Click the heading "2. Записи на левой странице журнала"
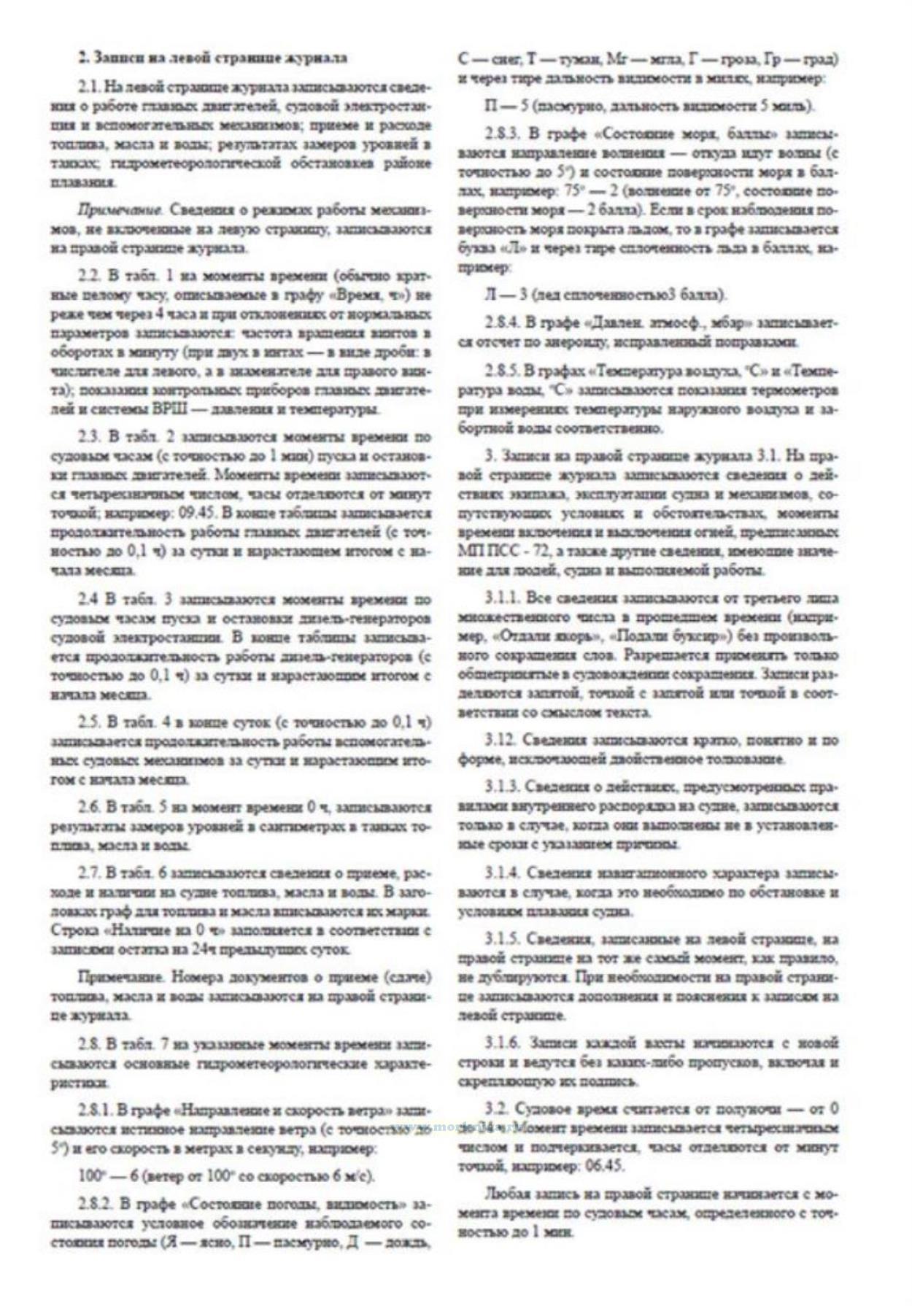click(212, 58)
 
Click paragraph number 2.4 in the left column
click(89, 600)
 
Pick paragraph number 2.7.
click(89, 874)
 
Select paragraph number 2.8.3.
click(501, 134)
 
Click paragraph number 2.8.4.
click(501, 323)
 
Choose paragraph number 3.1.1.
click(501, 598)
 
